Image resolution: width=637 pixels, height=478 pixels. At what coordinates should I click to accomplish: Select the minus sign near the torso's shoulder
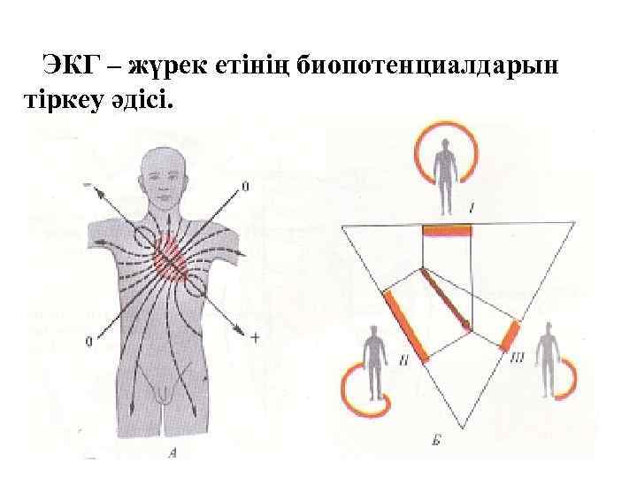pyautogui.click(x=88, y=184)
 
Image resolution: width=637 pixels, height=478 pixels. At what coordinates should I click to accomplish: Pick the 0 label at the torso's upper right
pyautogui.click(x=245, y=187)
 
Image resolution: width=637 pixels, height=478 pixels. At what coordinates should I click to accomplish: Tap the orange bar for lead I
pyautogui.click(x=447, y=230)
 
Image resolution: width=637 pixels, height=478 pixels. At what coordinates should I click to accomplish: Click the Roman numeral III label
pyautogui.click(x=519, y=358)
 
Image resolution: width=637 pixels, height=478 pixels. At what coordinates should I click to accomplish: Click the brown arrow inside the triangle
pyautogui.click(x=446, y=299)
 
